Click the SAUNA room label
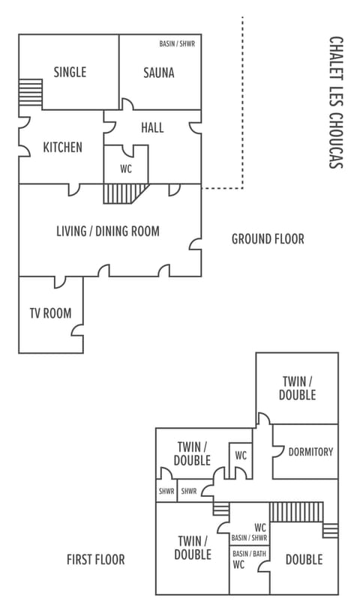coord(159,73)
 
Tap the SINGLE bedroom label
coord(70,72)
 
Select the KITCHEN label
coord(62,148)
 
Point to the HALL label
coord(152,128)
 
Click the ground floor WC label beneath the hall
coord(126,169)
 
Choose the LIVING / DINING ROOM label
coord(108,231)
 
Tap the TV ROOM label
coord(50,313)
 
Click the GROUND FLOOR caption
coord(268,239)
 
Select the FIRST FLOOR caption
coord(95,559)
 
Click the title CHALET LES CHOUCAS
coord(336,103)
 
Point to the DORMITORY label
coord(310,452)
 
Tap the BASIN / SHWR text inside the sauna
coord(178,44)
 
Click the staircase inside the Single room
coord(31,94)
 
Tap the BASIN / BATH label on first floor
coord(249,554)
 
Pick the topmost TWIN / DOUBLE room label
coord(298,387)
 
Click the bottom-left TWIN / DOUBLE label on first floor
coord(193,548)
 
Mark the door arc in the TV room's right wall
coord(79,328)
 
